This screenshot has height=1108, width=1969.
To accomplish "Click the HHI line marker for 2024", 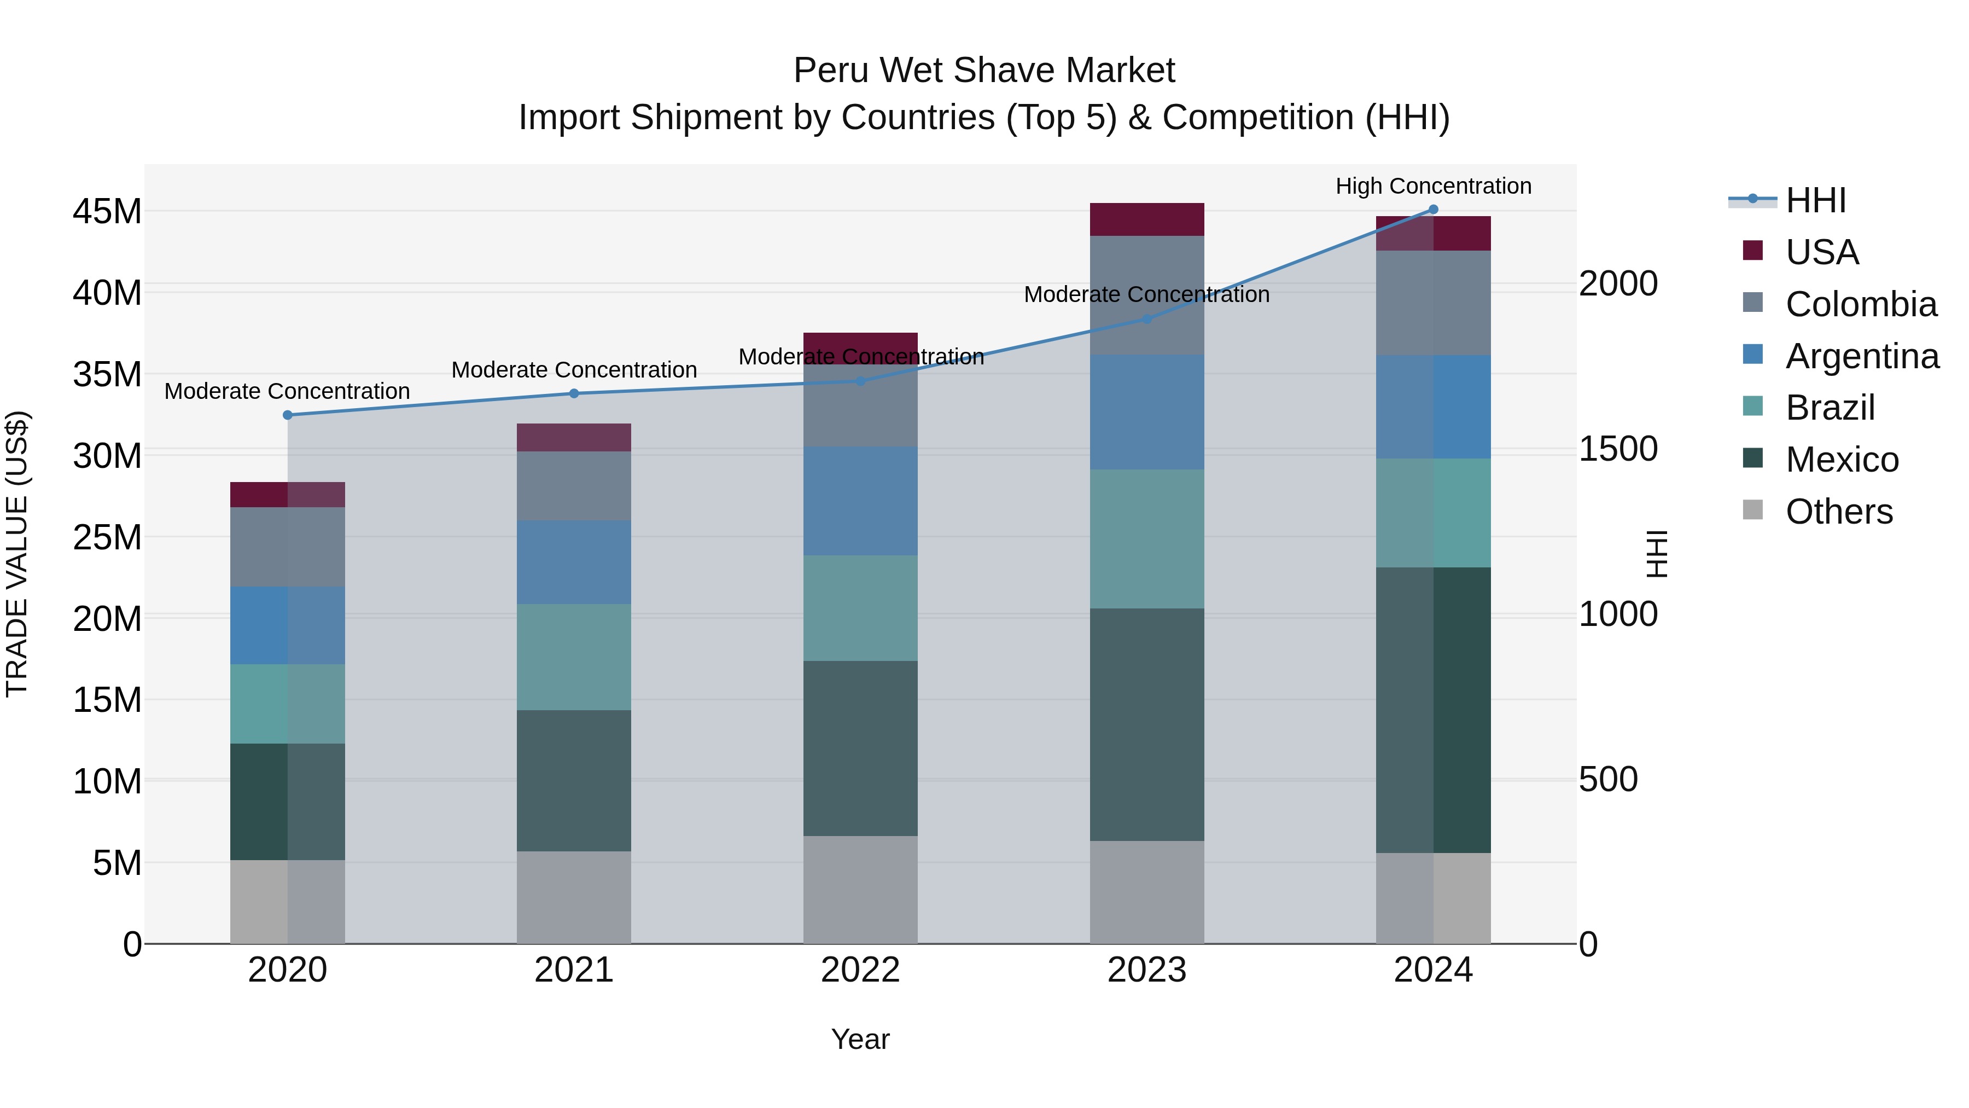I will tap(1433, 210).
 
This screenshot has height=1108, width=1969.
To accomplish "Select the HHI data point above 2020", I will tap(287, 415).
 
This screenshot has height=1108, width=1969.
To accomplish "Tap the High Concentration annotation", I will tap(1433, 186).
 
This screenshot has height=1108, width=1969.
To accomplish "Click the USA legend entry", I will tap(1821, 252).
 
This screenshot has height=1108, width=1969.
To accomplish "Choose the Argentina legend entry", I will tap(1861, 356).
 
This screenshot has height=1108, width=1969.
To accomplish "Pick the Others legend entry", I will tap(1838, 512).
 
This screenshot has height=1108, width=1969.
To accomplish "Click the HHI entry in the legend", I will tap(1815, 200).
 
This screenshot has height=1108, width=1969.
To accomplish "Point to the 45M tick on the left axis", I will tap(107, 212).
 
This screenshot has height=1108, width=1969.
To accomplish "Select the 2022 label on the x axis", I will tap(860, 970).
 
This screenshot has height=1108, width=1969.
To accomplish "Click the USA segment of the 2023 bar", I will tap(1146, 219).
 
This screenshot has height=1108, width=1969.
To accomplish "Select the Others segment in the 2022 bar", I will tap(860, 889).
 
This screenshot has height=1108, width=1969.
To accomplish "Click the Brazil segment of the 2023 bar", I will tap(1146, 538).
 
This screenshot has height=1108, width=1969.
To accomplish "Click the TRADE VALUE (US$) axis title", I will tap(17, 554).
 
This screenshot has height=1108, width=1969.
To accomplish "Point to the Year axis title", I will tap(860, 1039).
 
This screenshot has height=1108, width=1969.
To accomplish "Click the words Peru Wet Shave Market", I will tap(984, 71).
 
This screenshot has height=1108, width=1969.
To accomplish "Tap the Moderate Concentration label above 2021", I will tap(574, 370).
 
